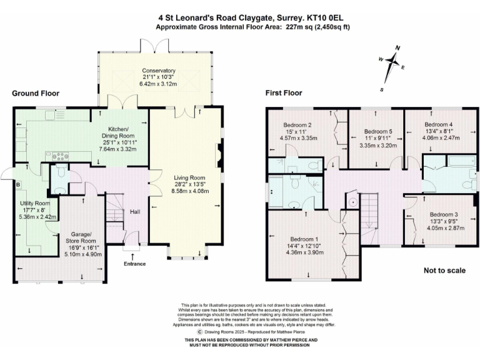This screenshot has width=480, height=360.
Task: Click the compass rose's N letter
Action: pos(397,47)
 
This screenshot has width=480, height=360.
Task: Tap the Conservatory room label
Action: pos(158,71)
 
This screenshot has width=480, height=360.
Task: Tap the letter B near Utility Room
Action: pos(17,185)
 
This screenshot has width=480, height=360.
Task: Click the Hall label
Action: pos(134,212)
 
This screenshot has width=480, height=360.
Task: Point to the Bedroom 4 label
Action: pos(438,124)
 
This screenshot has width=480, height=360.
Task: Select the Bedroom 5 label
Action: pos(379,131)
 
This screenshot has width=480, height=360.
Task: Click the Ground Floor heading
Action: pos(36,93)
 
